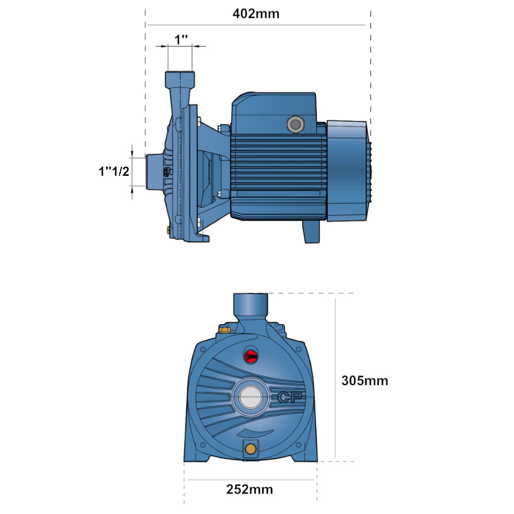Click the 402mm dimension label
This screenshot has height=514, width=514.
click(256, 14)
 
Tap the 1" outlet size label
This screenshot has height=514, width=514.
click(181, 40)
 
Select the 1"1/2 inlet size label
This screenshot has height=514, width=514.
click(114, 171)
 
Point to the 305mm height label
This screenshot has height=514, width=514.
click(364, 380)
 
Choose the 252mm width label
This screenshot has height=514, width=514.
click(249, 489)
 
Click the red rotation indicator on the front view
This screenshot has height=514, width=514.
click(251, 355)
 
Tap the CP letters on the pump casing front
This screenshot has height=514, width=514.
click(290, 397)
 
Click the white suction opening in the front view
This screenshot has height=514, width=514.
click(250, 397)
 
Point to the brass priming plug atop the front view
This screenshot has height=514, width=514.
click(225, 329)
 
